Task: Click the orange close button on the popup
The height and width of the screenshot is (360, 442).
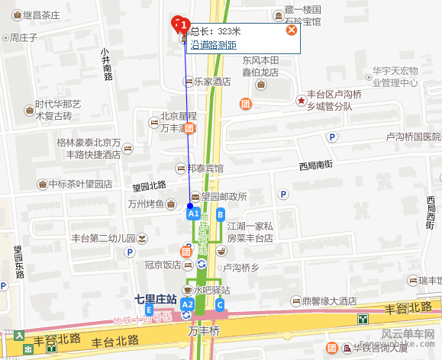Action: click(x=291, y=31)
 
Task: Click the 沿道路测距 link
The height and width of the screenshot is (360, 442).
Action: click(x=213, y=45)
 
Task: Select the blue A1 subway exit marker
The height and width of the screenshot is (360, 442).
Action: click(x=194, y=215)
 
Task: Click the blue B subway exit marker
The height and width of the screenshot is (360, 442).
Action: click(x=221, y=214)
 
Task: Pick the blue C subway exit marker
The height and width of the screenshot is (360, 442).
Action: click(x=220, y=305)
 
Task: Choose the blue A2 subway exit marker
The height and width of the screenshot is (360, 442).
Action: click(x=187, y=305)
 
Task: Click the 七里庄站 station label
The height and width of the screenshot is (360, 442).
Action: click(x=155, y=297)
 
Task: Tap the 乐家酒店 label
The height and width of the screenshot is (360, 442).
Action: click(x=212, y=82)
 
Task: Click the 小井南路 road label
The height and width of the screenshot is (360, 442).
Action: click(x=107, y=62)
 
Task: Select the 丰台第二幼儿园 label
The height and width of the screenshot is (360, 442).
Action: click(x=101, y=237)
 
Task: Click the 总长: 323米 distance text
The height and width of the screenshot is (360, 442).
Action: click(x=215, y=31)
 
